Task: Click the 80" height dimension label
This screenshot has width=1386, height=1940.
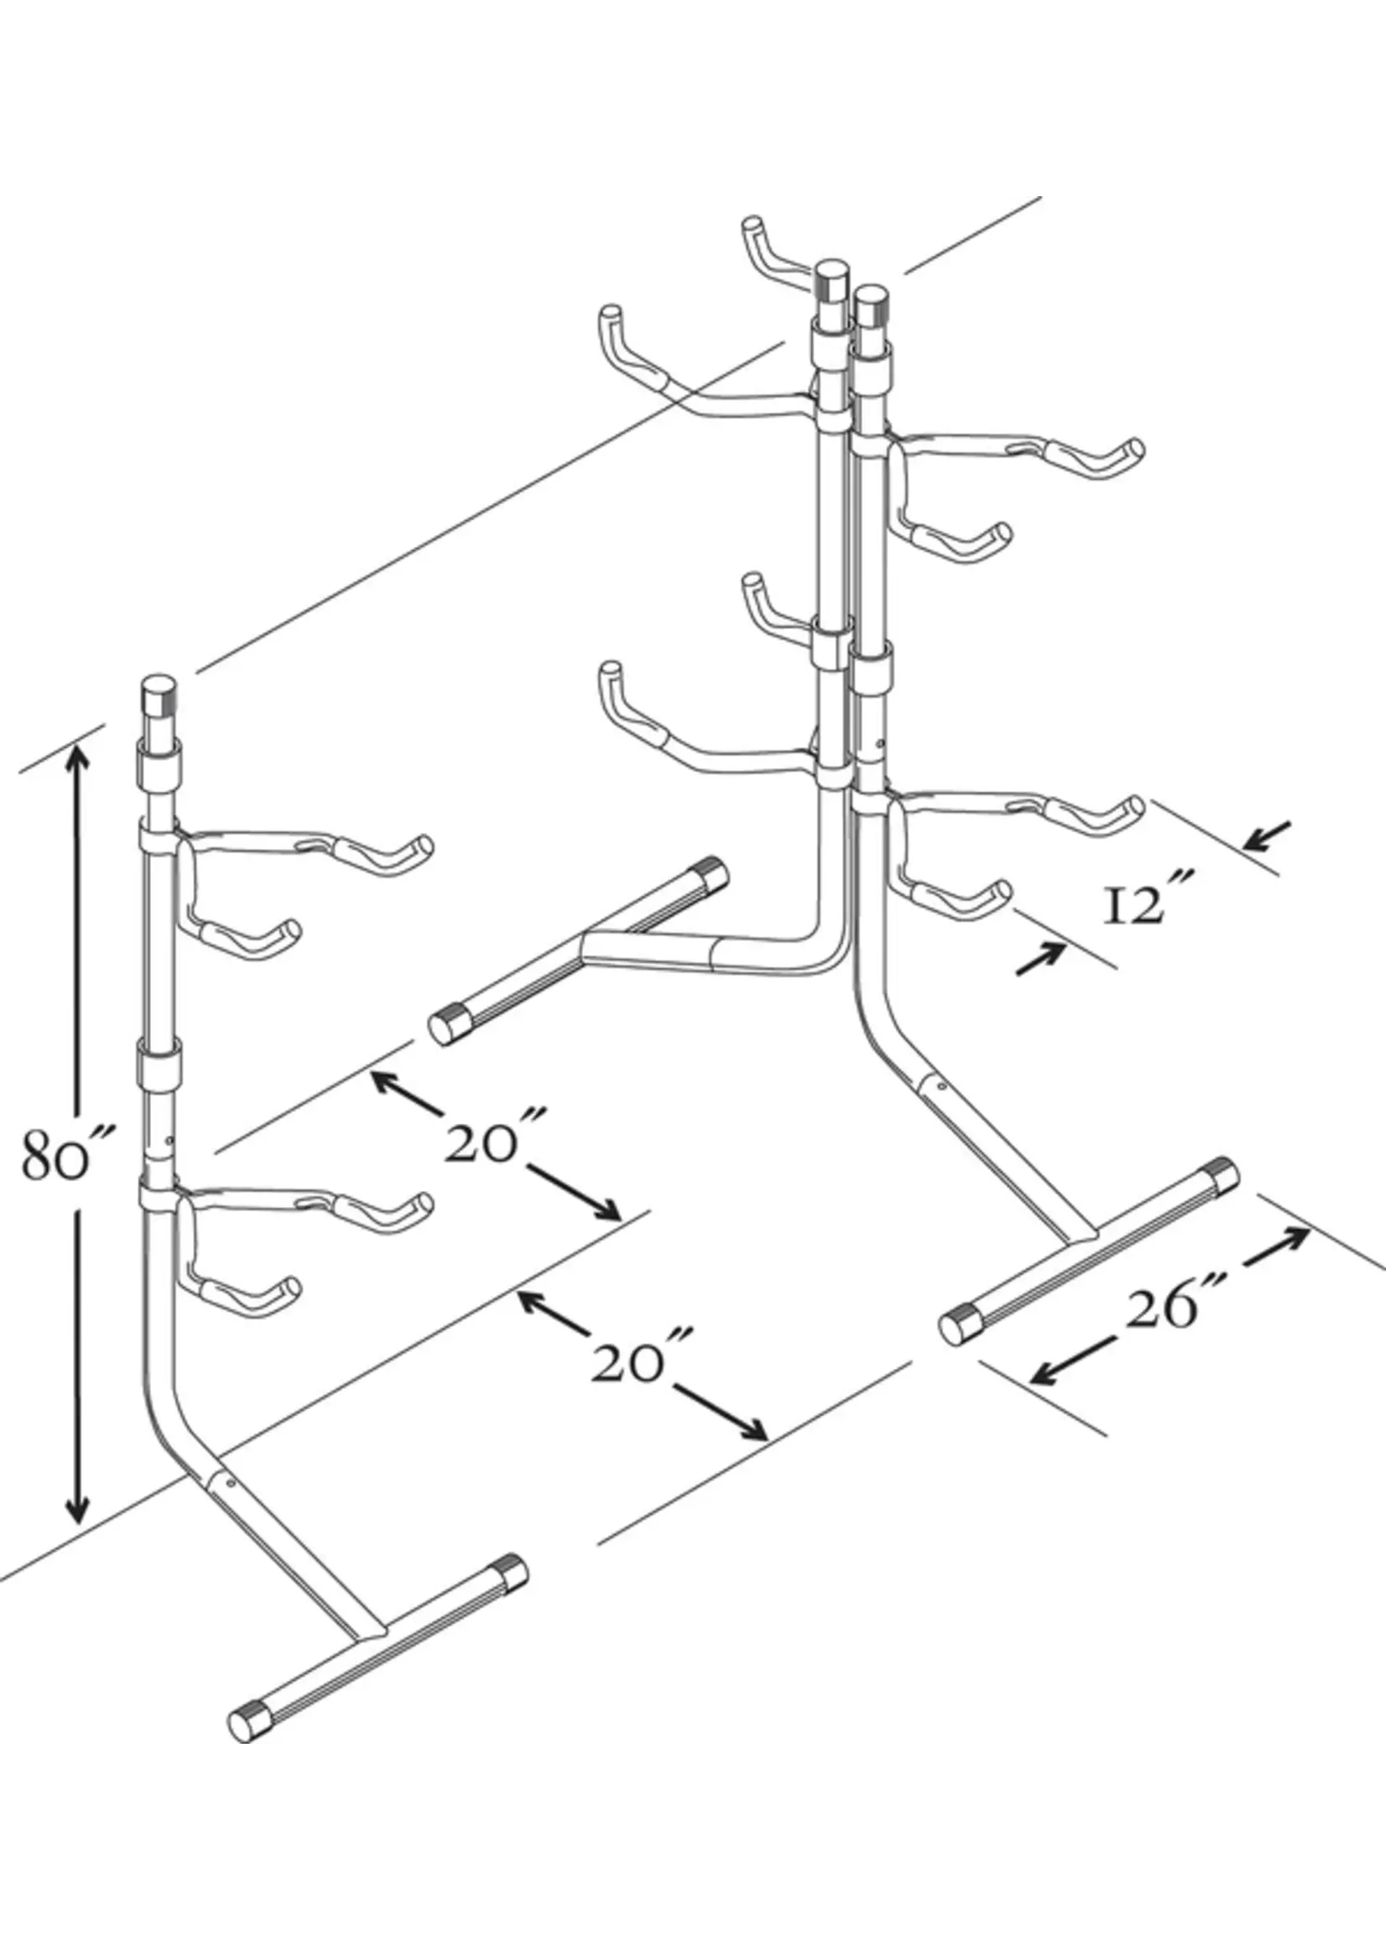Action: (58, 1154)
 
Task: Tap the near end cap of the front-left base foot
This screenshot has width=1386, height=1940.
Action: (247, 1721)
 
